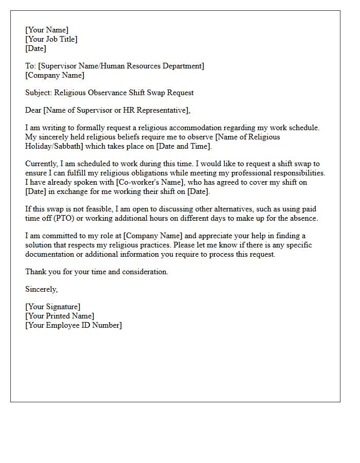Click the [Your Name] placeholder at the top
pyautogui.click(x=47, y=30)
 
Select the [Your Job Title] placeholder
pyautogui.click(x=51, y=39)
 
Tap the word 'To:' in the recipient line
pyautogui.click(x=30, y=66)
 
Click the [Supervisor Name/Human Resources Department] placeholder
pyautogui.click(x=121, y=66)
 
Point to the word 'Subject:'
pyautogui.click(x=39, y=93)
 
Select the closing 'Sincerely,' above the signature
pyautogui.click(x=42, y=289)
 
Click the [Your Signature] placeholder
pyautogui.click(x=53, y=307)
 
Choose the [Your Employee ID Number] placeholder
pyautogui.click(x=74, y=325)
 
